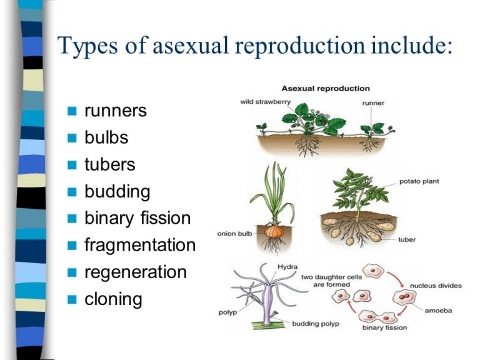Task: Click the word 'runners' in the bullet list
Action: coord(116,111)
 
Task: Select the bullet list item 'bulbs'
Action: coord(106,137)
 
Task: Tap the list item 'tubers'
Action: coord(109,164)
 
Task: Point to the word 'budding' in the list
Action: coord(117,191)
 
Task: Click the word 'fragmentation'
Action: coord(140,245)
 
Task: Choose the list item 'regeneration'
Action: coord(136,272)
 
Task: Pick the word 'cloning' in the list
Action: coord(113,299)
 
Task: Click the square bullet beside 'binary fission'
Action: coord(72,219)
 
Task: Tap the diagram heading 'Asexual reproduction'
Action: coord(326,88)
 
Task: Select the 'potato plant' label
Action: coord(419,181)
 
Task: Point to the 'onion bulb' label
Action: coord(234,234)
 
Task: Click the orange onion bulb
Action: coord(272,231)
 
